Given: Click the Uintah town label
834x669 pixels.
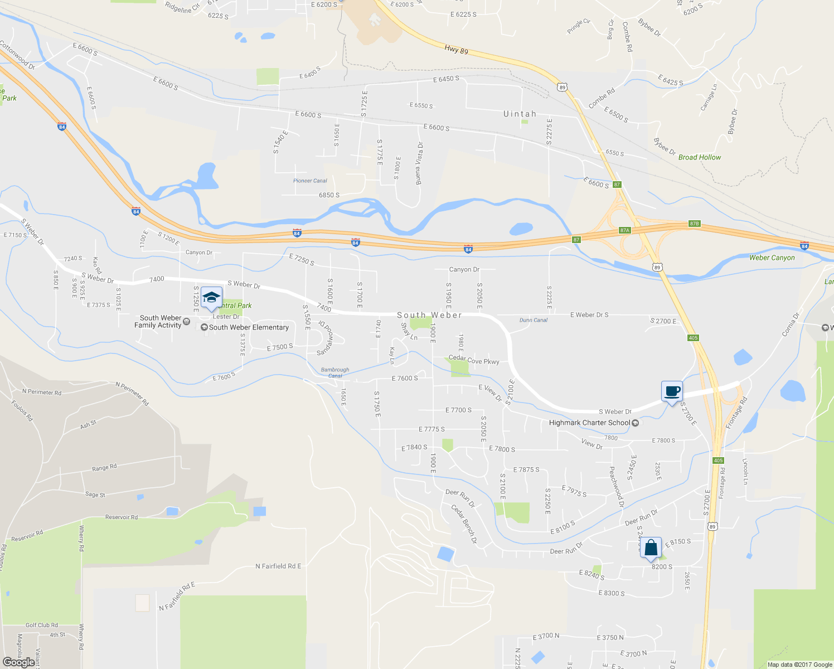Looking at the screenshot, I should pos(520,114).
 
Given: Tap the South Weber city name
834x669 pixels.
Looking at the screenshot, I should pos(429,316).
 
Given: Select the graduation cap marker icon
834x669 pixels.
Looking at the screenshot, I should pos(211,297).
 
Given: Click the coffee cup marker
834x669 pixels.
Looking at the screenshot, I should pos(672,391).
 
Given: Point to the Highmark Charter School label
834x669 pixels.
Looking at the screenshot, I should pos(589,423).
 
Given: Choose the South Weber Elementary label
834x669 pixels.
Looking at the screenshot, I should pos(249,327).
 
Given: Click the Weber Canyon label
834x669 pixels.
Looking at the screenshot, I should pos(772,258).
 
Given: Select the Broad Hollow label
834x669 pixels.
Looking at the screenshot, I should pos(699,157).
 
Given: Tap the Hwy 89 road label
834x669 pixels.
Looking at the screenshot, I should pos(456,50).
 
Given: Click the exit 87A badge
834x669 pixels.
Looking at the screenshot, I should pos(624,230).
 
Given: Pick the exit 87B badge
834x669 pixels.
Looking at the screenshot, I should pos(694,224).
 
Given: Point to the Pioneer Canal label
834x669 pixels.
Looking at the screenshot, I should pos(310,181).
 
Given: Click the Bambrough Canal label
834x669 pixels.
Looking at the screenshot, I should pos(335,372).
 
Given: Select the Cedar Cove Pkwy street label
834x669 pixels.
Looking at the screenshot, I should pos(474,360).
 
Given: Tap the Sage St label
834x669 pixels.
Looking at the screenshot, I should pos(95,495).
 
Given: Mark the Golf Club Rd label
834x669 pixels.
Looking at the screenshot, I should pos(42,625).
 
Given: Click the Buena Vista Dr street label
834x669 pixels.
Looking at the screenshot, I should pos(419,163).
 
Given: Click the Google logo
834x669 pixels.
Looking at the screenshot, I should pos(19,662).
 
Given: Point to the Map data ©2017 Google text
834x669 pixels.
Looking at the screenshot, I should pos(799,665).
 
